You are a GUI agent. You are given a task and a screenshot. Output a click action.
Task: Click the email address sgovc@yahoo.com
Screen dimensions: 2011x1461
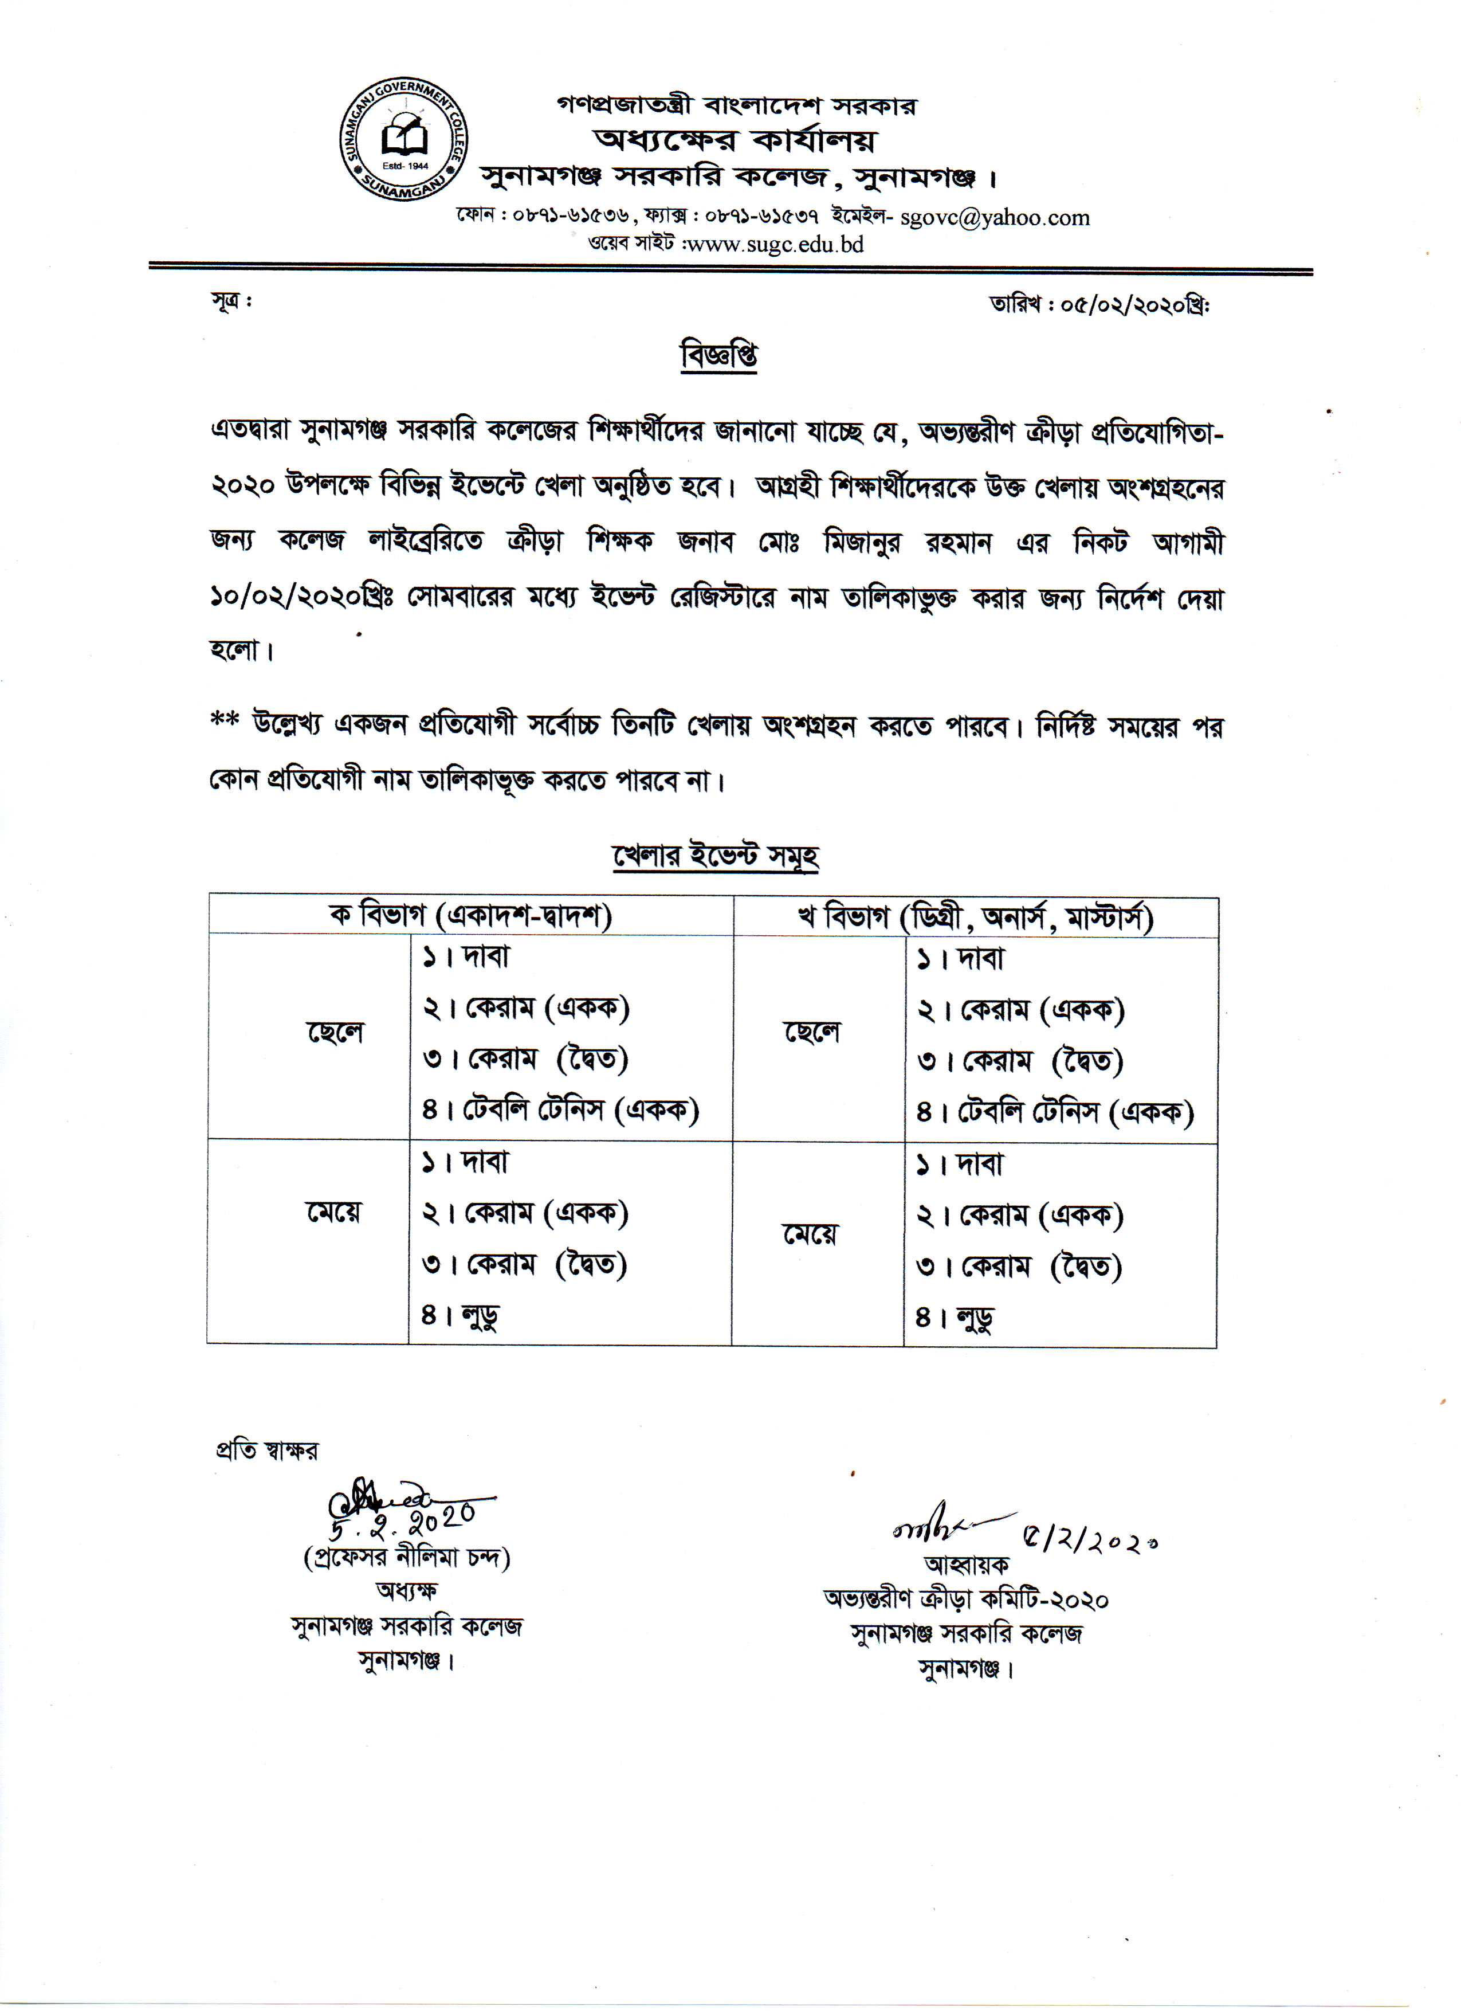pyautogui.click(x=995, y=217)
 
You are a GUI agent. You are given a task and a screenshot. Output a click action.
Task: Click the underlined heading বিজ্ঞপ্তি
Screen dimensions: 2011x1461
pyautogui.click(x=718, y=355)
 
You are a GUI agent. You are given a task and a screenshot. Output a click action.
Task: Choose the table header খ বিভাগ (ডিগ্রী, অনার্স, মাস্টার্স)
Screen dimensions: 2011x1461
pyautogui.click(x=975, y=917)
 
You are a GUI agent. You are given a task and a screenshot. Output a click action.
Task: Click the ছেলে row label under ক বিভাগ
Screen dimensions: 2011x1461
pyautogui.click(x=335, y=1033)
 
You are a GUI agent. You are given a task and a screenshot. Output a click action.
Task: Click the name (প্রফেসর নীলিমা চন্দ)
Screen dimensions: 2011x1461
pyautogui.click(x=407, y=1558)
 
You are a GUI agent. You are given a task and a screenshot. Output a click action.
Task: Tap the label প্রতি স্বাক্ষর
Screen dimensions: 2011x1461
pyautogui.click(x=266, y=1451)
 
